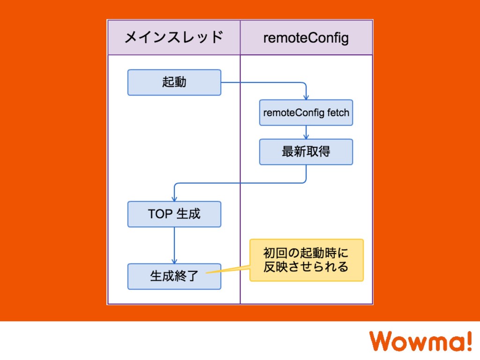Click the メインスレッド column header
pyautogui.click(x=173, y=37)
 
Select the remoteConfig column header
pyautogui.click(x=306, y=37)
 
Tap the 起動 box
pyautogui.click(x=174, y=82)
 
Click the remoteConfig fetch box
pyautogui.click(x=306, y=112)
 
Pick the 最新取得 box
pyautogui.click(x=306, y=151)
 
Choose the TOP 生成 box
pyautogui.click(x=174, y=214)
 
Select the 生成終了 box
pyautogui.click(x=174, y=276)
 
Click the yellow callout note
pyautogui.click(x=306, y=260)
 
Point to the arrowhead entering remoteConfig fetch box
pyautogui.click(x=306, y=97)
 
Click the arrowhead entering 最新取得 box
pyautogui.click(x=306, y=136)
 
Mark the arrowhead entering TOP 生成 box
pyautogui.click(x=174, y=199)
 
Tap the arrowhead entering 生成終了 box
pyautogui.click(x=174, y=261)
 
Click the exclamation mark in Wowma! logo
pyautogui.click(x=468, y=340)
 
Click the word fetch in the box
pyautogui.click(x=338, y=113)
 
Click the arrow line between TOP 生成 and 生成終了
pyautogui.click(x=174, y=244)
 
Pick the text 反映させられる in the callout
pyautogui.click(x=306, y=267)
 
